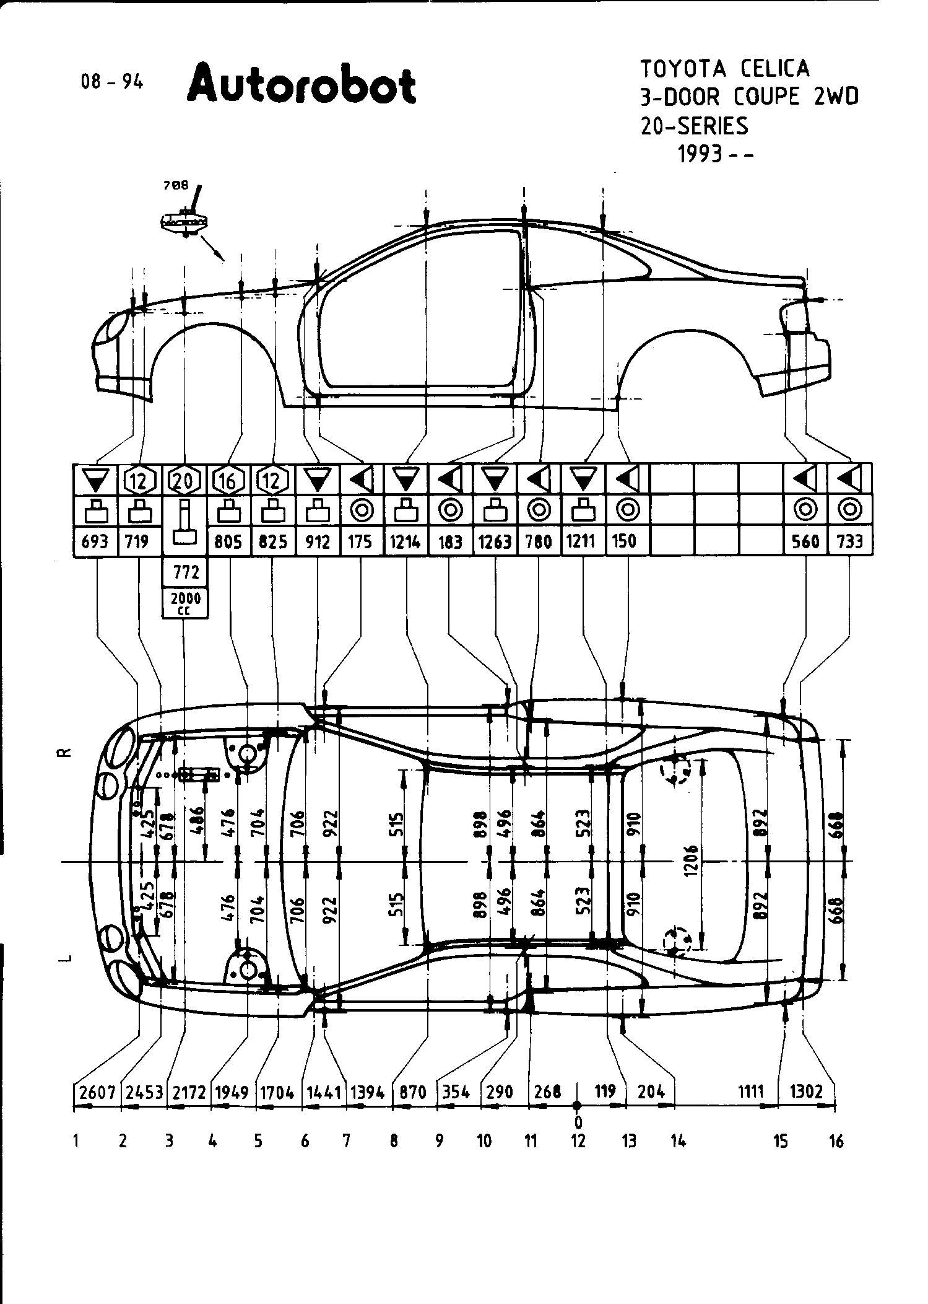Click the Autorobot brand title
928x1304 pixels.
(301, 85)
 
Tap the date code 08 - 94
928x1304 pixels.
(112, 82)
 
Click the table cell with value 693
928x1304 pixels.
(95, 542)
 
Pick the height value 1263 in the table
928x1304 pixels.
(495, 542)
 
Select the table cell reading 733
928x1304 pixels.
(849, 542)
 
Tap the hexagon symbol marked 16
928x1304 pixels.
(229, 480)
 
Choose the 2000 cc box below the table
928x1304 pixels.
(185, 603)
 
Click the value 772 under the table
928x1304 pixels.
(186, 572)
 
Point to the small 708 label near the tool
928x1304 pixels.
(176, 185)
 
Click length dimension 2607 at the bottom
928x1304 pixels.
(97, 1092)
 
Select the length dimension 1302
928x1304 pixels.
(806, 1091)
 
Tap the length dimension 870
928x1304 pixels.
(413, 1092)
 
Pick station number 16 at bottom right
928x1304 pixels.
(836, 1140)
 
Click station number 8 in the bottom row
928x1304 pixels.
(394, 1140)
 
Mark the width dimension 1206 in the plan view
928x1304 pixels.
(692, 859)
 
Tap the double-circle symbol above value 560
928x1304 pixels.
(805, 510)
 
